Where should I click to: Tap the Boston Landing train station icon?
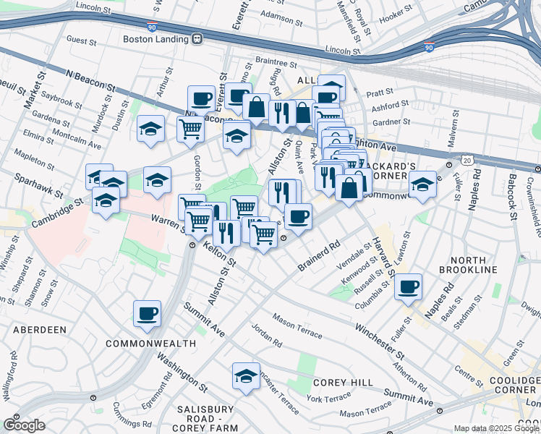(x=196, y=40)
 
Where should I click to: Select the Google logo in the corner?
(x=24, y=425)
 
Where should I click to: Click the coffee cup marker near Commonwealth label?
(x=147, y=314)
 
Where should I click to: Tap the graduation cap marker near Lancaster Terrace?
(x=246, y=376)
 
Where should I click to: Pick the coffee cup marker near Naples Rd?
(x=408, y=286)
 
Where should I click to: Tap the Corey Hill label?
(x=342, y=382)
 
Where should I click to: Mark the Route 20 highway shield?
(x=468, y=159)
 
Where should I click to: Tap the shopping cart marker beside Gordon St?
(x=190, y=129)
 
